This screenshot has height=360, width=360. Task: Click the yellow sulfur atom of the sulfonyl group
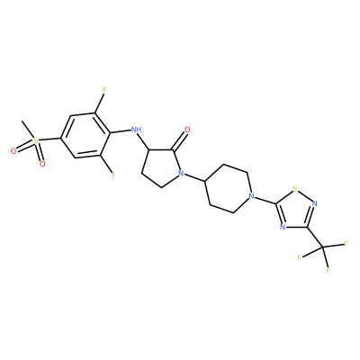point(36,140)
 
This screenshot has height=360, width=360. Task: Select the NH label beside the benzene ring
point(137,130)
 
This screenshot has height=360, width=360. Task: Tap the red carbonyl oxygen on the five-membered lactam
point(187,130)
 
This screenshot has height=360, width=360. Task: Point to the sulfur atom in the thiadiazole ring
point(295,189)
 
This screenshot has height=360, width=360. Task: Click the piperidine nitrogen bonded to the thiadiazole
point(252,196)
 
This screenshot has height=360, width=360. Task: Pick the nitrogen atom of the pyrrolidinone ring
point(180,173)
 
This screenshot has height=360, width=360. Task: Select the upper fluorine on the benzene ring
point(104,89)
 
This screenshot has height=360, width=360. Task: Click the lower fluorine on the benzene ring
point(113,175)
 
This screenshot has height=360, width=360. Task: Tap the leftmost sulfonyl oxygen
point(13,151)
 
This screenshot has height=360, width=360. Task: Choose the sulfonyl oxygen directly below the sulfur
point(42,164)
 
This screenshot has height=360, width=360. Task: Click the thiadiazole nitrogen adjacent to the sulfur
point(314,204)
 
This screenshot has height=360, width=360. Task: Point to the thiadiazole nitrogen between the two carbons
point(282,227)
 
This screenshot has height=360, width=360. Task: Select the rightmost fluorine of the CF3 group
point(346,244)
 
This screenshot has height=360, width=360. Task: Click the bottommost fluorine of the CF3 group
point(328,270)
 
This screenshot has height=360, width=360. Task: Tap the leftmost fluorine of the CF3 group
point(299,257)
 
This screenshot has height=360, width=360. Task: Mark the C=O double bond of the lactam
point(179,140)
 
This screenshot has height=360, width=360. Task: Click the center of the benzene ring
point(85,136)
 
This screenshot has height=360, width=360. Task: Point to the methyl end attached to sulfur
point(22,121)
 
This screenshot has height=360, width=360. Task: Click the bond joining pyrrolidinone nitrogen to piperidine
point(194,177)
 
